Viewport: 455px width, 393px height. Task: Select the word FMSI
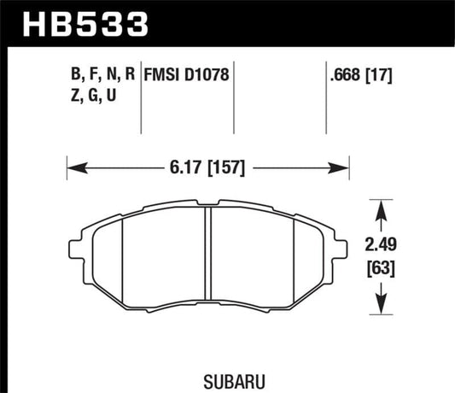(x=162, y=74)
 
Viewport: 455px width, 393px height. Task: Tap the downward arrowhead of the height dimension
(x=380, y=307)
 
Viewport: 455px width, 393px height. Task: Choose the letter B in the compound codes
(x=79, y=74)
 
